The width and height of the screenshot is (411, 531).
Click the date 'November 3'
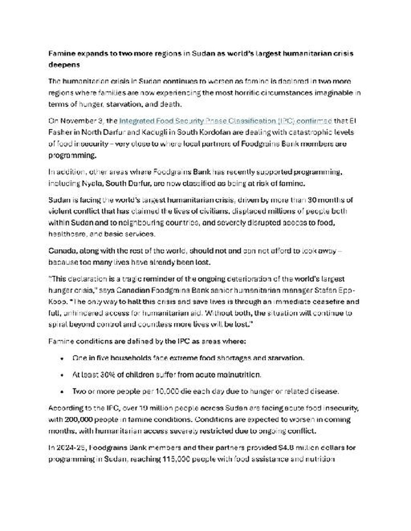pos(84,121)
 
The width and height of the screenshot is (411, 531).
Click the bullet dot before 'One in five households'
pos(62,359)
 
